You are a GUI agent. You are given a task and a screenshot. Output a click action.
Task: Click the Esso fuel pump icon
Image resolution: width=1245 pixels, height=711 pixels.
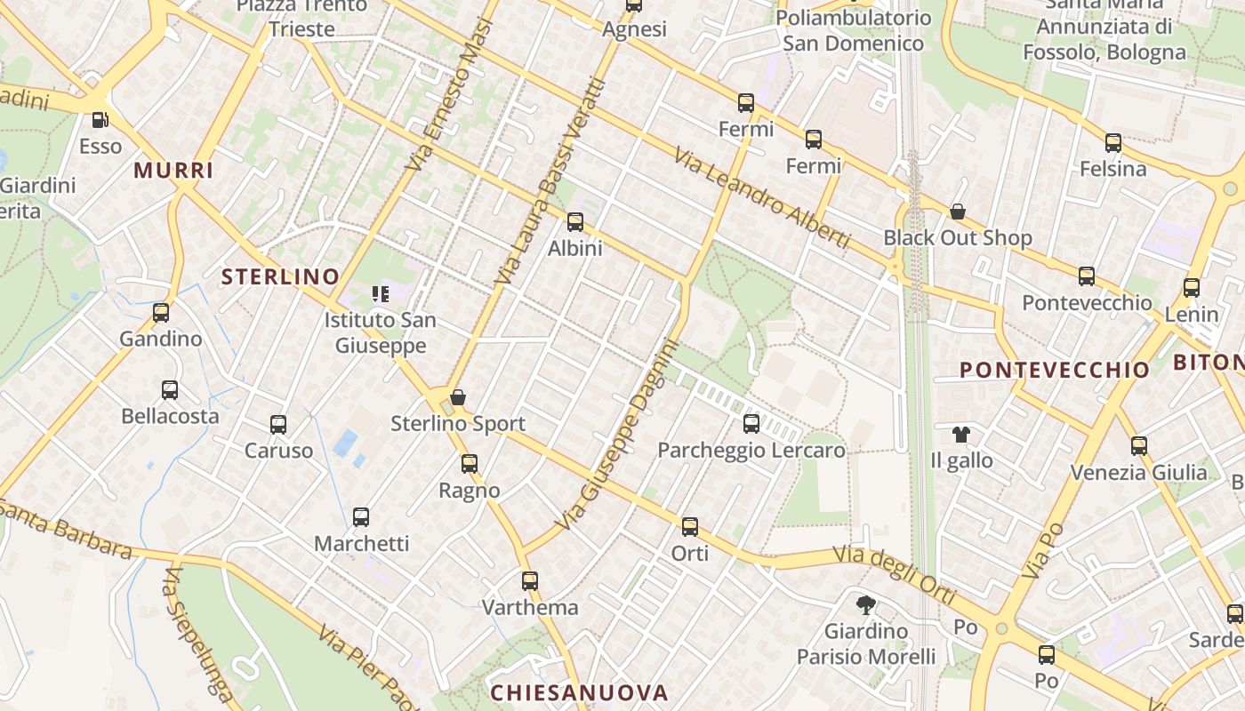[x=100, y=120]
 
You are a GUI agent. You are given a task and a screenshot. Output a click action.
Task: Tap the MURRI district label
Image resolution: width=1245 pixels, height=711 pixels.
[x=174, y=171]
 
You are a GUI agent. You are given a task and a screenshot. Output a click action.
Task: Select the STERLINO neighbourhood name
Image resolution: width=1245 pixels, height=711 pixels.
[x=280, y=276]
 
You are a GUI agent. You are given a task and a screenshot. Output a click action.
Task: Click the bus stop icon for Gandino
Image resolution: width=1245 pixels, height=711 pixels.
[x=161, y=313]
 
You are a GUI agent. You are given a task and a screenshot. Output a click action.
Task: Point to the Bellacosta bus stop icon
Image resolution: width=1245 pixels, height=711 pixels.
[x=170, y=390]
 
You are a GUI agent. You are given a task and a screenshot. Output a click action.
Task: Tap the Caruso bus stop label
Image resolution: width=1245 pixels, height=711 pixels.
[x=279, y=451]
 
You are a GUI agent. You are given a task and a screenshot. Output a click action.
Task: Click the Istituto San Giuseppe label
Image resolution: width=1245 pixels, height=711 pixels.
[x=380, y=332]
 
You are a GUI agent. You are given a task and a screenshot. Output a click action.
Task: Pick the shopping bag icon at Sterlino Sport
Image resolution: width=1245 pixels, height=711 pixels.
[x=458, y=397]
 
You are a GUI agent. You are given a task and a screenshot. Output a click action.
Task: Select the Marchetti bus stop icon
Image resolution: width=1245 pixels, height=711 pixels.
[x=361, y=517]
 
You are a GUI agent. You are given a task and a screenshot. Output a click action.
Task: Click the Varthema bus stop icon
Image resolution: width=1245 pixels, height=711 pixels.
[x=530, y=581]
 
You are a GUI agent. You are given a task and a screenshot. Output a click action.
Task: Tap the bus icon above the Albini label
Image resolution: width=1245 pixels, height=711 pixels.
[x=575, y=222]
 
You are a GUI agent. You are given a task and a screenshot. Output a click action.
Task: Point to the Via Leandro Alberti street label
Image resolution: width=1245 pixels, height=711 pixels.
[x=761, y=198]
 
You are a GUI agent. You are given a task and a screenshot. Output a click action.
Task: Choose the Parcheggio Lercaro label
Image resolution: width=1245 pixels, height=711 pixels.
[x=751, y=451]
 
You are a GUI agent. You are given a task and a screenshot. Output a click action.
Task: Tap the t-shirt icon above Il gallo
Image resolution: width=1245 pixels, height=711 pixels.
[x=961, y=435]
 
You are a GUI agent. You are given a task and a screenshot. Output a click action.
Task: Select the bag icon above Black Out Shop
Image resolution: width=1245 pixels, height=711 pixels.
[x=958, y=212]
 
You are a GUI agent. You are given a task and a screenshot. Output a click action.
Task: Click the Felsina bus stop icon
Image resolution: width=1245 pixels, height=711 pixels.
[x=1113, y=143]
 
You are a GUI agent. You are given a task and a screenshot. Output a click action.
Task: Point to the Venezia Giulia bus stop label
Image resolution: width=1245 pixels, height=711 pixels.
[x=1139, y=472]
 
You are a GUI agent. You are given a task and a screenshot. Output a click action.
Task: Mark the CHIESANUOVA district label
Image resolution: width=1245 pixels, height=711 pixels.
[x=579, y=692]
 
